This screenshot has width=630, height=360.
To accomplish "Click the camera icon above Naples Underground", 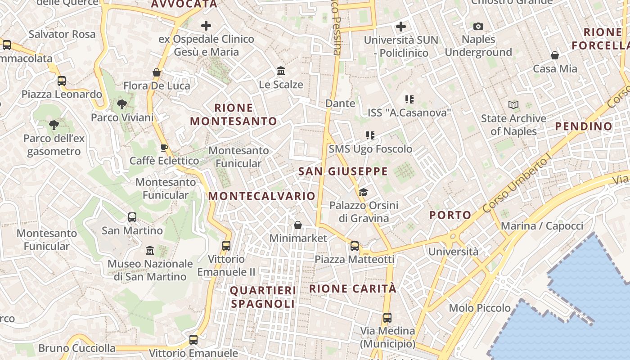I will pos(478,27).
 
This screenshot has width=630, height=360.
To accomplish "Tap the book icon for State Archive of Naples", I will pos(513,105).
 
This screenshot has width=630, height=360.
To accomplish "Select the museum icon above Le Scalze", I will pos(281,71).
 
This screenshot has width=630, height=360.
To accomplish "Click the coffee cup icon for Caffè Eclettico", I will pos(164,148).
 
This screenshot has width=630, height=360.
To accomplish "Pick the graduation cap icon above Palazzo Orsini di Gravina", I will pos(363,193).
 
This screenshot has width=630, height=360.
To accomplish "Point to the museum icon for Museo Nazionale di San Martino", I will pos(150,250).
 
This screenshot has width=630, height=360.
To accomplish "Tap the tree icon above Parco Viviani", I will pos(121,105).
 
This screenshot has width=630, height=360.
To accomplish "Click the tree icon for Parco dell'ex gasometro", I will pos(54,125).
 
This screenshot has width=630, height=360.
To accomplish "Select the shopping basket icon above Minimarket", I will pos(297,225).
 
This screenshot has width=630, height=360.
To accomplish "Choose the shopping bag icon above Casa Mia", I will pos(555,55).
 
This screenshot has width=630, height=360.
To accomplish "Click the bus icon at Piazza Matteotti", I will pos(355,246).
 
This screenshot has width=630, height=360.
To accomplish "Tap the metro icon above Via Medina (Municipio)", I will pos(387,318).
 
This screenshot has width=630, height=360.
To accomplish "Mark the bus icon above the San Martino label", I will pos(132,217).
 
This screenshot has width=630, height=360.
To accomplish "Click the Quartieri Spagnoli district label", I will pos(263,297).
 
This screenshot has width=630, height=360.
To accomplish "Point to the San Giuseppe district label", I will pos(343,171).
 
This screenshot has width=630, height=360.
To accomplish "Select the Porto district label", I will pos(450,215).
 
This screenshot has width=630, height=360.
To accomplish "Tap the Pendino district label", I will pos(584,126).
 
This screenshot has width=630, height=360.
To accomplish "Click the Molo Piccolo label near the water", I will pos(480,308).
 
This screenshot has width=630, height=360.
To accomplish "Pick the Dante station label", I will pos(340,103).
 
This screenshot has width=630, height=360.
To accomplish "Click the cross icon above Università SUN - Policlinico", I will pos(400,27).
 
